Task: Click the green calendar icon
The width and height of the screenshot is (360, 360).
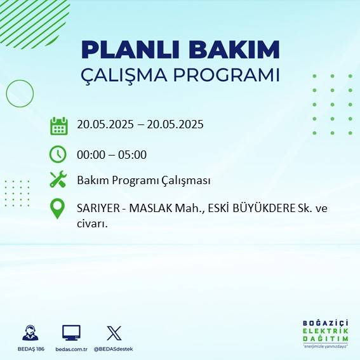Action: point(58,126)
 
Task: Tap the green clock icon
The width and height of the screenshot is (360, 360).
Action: point(58,154)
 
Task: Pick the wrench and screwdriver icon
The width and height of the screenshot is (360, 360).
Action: point(58,180)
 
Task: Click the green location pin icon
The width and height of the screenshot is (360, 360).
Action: point(58,209)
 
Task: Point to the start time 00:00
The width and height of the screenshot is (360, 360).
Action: point(90,155)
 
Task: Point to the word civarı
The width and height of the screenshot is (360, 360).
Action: point(90,223)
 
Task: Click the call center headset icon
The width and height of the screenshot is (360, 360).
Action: point(29,333)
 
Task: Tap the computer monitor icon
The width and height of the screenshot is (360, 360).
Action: point(71,333)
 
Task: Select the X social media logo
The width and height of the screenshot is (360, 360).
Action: point(114,333)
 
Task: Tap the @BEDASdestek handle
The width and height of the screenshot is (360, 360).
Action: point(114,349)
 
